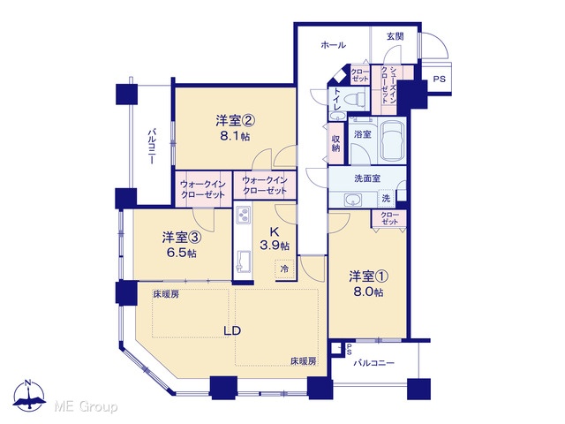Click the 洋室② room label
pyautogui.click(x=236, y=121)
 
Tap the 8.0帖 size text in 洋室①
pyautogui.click(x=368, y=291)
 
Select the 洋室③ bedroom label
pyautogui.click(x=181, y=238)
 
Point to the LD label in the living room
pyautogui.click(x=232, y=330)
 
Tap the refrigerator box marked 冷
pyautogui.click(x=284, y=269)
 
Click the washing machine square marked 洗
pyautogui.click(x=386, y=198)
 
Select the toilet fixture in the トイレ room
pyautogui.click(x=355, y=98)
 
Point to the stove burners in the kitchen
pyautogui.click(x=243, y=215)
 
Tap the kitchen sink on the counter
pyautogui.click(x=244, y=260)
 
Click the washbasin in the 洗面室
pyautogui.click(x=353, y=200)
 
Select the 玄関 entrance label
pyautogui.click(x=395, y=36)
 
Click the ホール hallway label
pyautogui.click(x=334, y=45)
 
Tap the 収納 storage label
pyautogui.click(x=335, y=143)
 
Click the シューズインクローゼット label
pyautogui.click(x=388, y=86)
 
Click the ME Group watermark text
pyautogui.click(x=86, y=406)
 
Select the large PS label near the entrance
pyautogui.click(x=439, y=79)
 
